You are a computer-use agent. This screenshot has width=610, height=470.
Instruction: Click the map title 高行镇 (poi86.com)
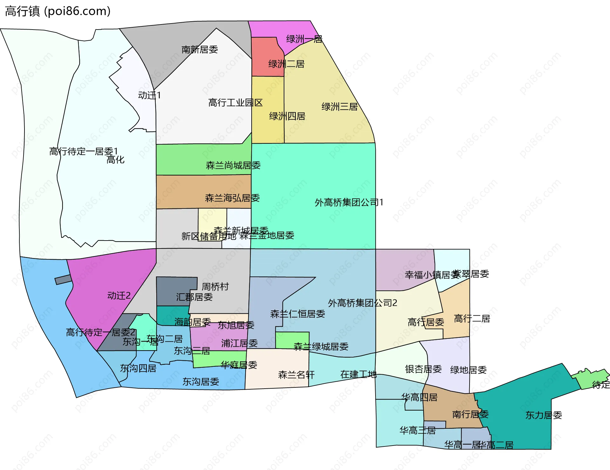click(58, 11)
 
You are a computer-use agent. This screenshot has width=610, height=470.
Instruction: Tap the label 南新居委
click(200, 50)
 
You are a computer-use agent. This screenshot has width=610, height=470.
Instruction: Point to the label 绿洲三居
click(339, 107)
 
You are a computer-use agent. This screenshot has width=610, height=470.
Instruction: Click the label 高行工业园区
click(235, 103)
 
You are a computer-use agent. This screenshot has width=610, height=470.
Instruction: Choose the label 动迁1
click(149, 95)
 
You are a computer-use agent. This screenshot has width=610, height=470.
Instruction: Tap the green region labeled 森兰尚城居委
click(203, 159)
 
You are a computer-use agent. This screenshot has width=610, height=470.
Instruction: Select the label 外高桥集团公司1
click(349, 202)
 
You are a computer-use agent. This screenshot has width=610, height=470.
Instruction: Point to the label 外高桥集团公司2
click(362, 303)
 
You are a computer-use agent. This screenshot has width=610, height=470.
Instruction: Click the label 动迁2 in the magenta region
click(119, 296)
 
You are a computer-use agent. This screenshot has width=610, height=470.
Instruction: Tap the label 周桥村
click(215, 287)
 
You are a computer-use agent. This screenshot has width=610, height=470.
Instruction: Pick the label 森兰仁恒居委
click(297, 314)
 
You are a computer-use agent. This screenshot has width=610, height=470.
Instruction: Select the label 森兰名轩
click(296, 375)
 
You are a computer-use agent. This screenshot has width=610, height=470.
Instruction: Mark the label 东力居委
click(543, 415)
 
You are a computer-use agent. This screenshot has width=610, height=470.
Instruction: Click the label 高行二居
click(472, 318)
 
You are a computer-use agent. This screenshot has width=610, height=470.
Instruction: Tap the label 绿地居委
click(468, 370)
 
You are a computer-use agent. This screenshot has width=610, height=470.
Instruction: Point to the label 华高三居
click(417, 430)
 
